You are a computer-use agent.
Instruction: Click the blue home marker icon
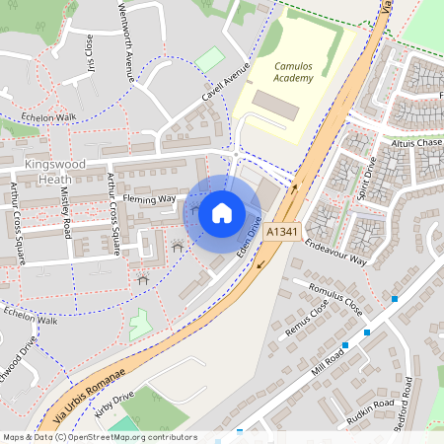point(222,212)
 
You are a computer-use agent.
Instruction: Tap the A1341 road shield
point(282,232)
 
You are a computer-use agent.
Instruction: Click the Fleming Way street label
point(152,198)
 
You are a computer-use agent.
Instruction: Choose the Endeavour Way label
point(335,253)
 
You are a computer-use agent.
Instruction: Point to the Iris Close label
point(89,46)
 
